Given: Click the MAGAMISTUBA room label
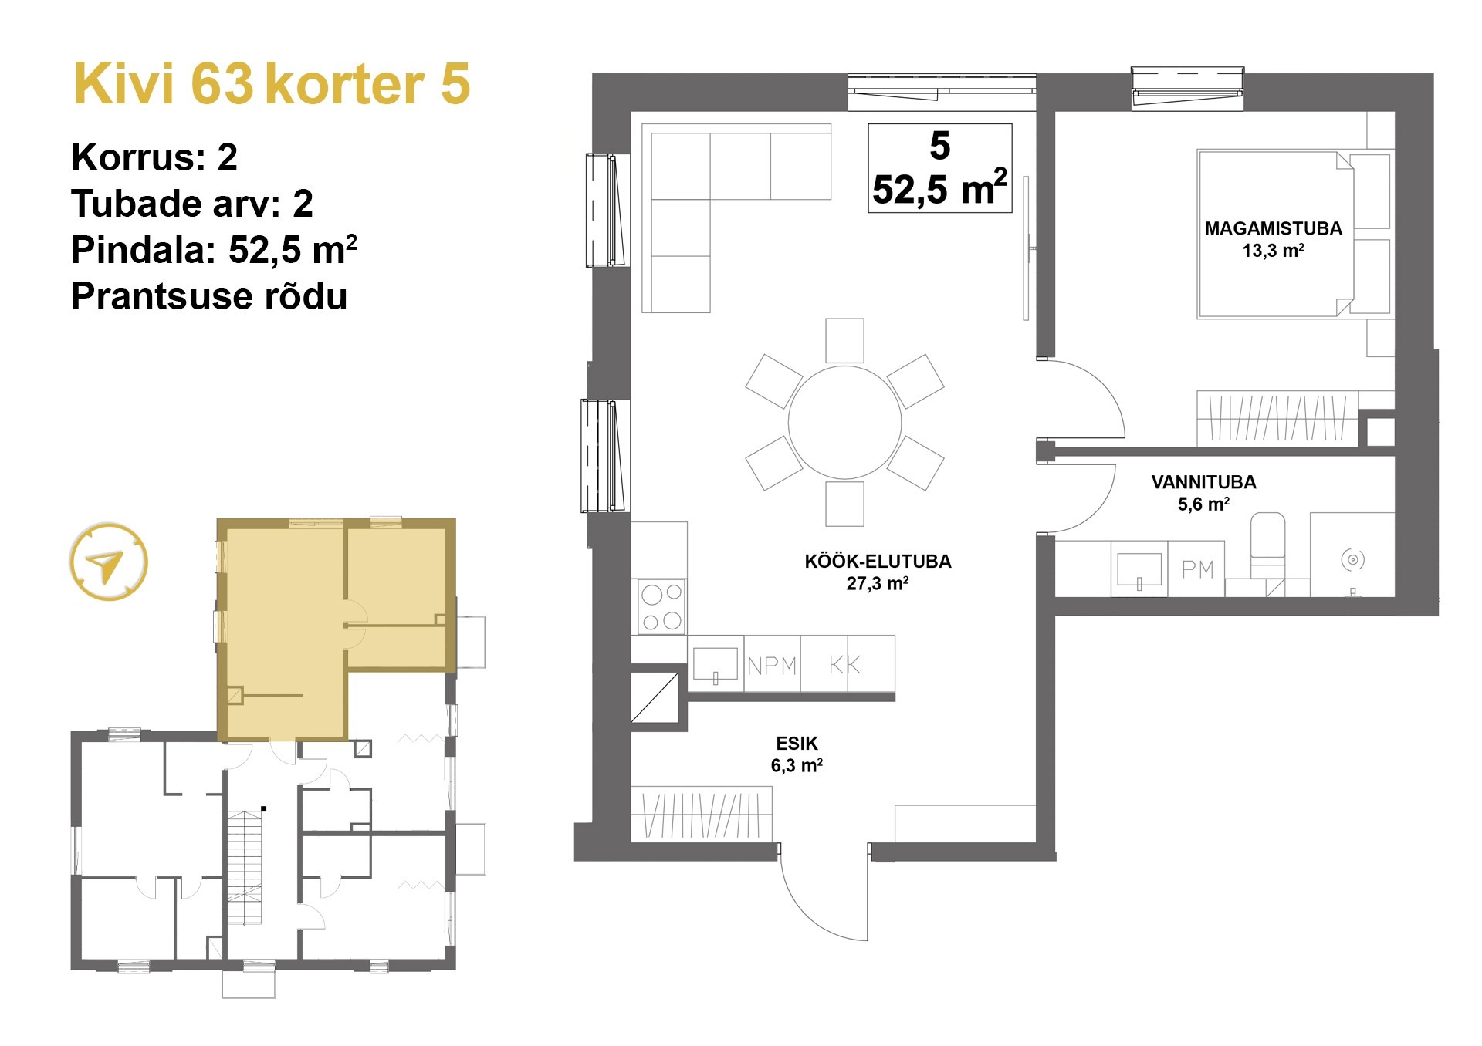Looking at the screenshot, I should click(1273, 229).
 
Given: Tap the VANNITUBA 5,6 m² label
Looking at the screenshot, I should click(1203, 492).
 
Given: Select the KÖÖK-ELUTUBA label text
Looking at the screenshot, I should click(878, 562).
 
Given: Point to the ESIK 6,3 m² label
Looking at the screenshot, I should click(797, 754).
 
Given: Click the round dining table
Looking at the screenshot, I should click(844, 422).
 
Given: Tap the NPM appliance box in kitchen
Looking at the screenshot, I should click(772, 664).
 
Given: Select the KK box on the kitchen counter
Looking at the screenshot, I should click(845, 664).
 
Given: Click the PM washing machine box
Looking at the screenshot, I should click(1197, 569).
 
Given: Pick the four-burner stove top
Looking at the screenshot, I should click(661, 606).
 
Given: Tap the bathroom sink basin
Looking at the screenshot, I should click(1139, 569).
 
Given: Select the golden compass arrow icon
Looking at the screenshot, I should click(108, 562).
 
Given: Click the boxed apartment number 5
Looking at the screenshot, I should click(939, 146).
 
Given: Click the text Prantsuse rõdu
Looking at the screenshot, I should click(209, 296).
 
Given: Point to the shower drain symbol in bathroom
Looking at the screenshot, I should click(1352, 559).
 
